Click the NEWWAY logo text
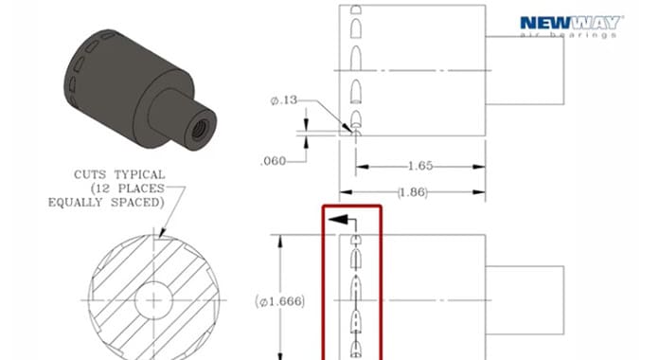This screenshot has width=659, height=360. (572, 23)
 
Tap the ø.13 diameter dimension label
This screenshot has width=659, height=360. (284, 100)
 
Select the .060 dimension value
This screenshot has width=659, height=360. (274, 161)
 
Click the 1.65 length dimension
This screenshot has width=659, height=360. (420, 166)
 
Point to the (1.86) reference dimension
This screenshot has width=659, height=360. (413, 192)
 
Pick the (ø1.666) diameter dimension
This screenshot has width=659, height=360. (280, 301)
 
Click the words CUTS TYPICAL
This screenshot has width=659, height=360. (119, 174)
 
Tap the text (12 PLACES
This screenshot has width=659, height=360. (127, 189)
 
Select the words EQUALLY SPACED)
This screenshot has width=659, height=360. (106, 203)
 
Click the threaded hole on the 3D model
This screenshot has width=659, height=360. (199, 129)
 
